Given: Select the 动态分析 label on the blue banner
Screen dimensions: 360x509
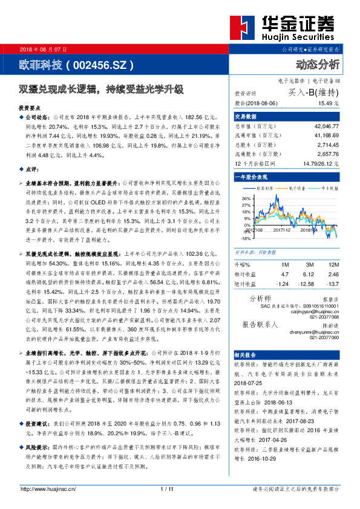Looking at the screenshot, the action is tap(318, 64).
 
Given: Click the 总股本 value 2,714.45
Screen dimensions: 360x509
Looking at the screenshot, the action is tap(327, 146).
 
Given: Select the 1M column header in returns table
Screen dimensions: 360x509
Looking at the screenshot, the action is tap(285, 265).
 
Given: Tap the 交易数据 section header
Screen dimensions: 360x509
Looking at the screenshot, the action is tap(246, 116).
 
